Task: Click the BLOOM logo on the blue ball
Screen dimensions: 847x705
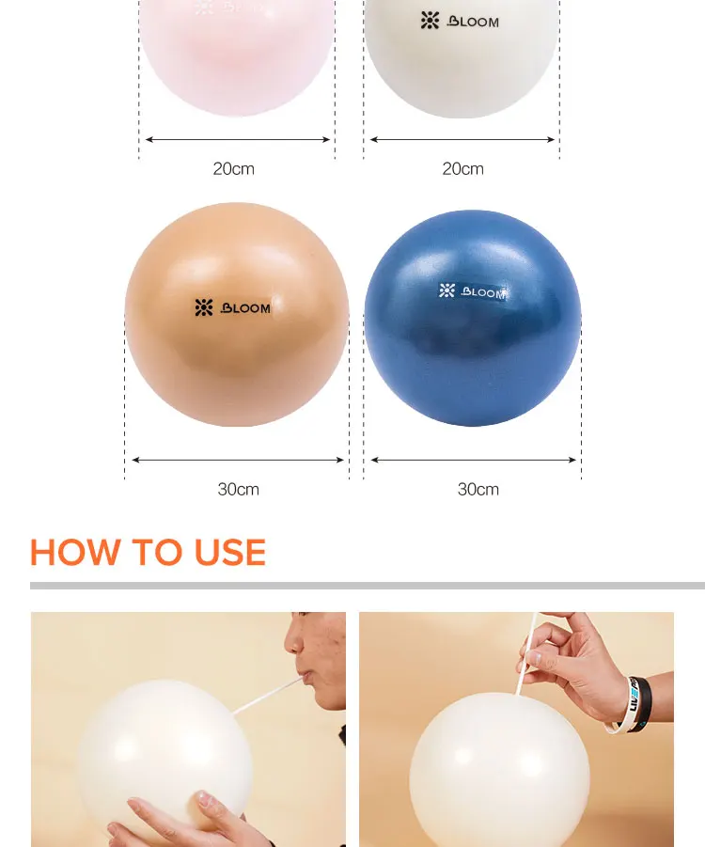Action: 473,291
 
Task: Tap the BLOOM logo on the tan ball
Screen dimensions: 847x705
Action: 232,307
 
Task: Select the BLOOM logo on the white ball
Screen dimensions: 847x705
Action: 460,21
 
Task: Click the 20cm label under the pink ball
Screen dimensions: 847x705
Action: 233,169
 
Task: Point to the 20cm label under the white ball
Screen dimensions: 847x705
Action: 462,169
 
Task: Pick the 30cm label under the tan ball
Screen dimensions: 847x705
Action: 238,489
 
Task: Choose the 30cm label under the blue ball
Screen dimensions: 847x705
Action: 478,489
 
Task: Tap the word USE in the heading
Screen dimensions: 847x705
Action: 230,553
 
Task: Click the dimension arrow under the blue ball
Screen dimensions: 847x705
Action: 474,460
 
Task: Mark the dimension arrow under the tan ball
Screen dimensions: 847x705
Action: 238,460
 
